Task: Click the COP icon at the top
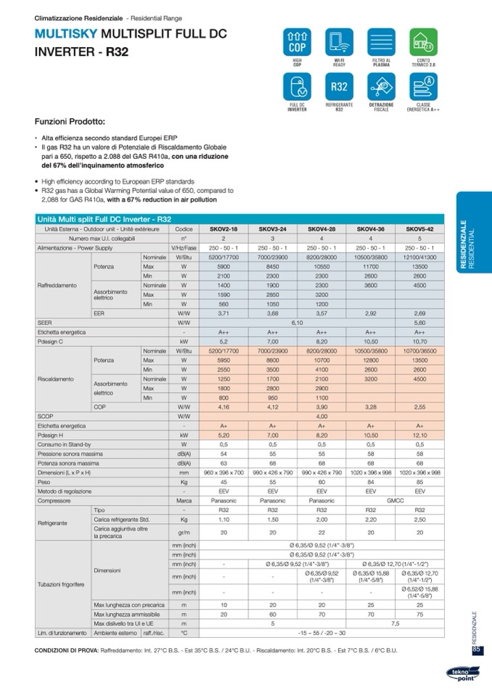(297, 43)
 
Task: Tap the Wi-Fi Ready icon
(339, 43)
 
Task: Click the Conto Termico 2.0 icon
(422, 43)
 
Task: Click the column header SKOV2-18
(224, 229)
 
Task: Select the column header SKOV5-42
(419, 229)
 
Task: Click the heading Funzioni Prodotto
(70, 121)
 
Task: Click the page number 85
(476, 649)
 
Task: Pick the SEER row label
(45, 322)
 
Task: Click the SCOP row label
(46, 416)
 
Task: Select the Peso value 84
(370, 482)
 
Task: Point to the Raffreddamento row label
(57, 285)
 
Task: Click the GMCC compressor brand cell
(395, 501)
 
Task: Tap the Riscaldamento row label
(56, 379)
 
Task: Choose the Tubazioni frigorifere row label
(62, 584)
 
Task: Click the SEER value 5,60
(419, 322)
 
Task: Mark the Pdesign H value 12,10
(419, 435)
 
